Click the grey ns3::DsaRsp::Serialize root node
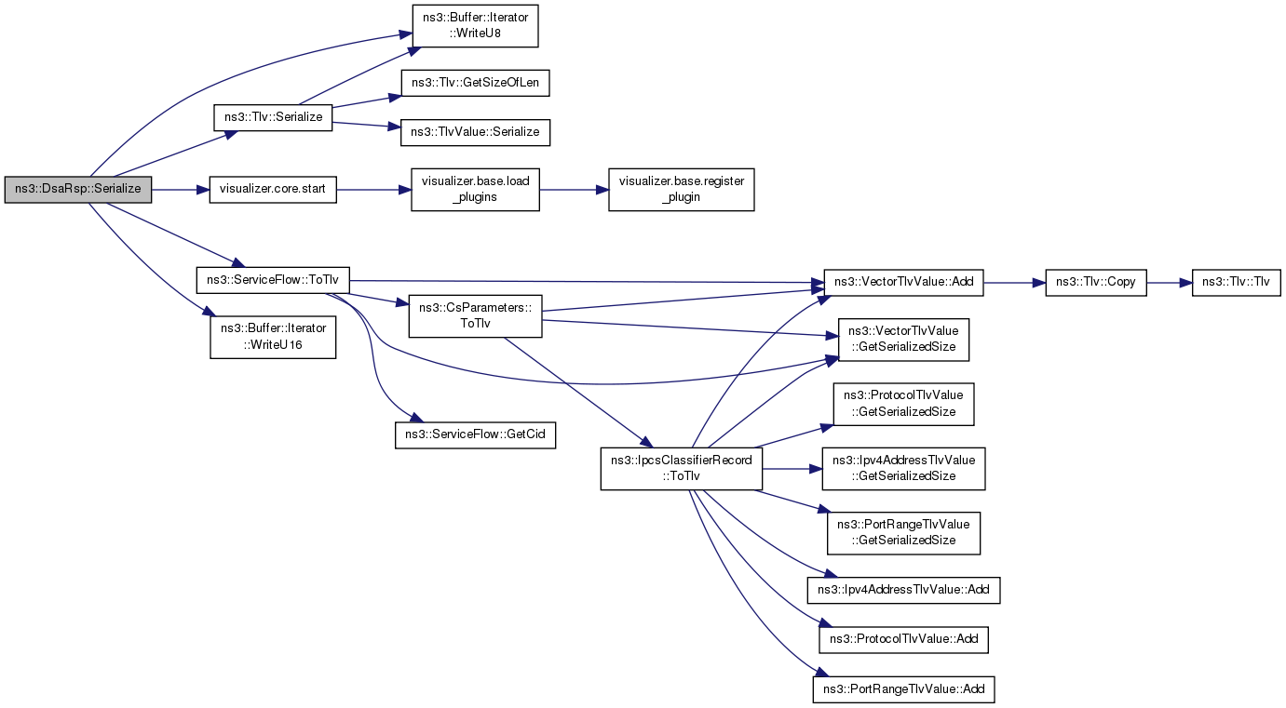(78, 190)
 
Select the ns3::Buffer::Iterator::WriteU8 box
(475, 26)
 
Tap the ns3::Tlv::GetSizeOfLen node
(475, 83)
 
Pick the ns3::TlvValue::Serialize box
(475, 132)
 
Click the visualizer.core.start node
(273, 190)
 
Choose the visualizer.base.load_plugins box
(475, 190)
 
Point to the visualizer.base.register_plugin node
(682, 190)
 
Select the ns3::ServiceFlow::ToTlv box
(273, 280)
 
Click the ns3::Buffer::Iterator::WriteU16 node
(273, 337)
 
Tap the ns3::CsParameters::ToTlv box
(475, 316)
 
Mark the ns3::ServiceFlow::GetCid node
(475, 434)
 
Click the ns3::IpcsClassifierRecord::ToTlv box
(682, 469)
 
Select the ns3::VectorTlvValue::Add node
(903, 282)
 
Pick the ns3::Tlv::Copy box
(1096, 282)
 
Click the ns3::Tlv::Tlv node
(1236, 282)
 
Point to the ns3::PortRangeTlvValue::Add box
(903, 689)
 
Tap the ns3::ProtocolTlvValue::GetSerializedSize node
(903, 404)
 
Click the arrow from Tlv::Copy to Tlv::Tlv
(1170, 283)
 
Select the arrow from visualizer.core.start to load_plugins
(373, 190)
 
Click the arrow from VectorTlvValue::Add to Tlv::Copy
(1014, 283)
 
